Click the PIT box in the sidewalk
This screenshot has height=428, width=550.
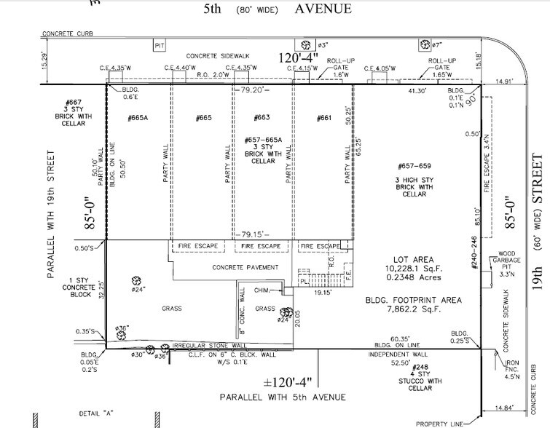[160, 46]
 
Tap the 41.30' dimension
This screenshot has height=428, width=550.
[415, 91]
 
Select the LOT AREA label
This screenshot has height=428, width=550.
[412, 259]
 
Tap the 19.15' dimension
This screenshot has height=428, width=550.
[322, 293]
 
